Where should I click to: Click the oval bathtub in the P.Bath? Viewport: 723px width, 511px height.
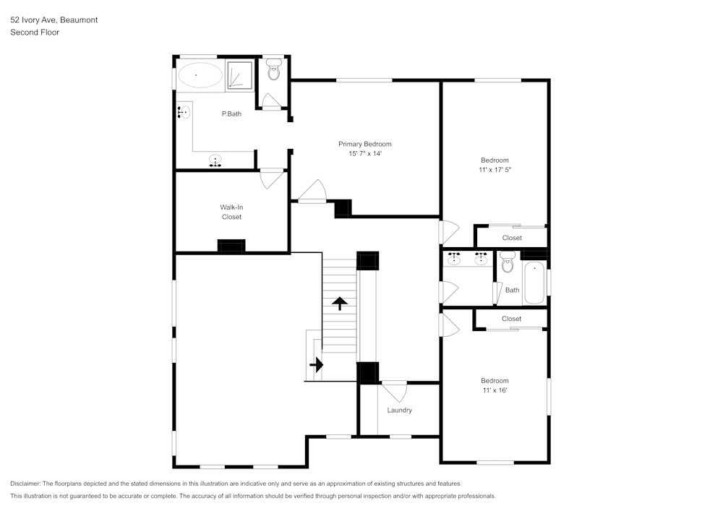(200, 75)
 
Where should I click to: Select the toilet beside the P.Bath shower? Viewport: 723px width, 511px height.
(273, 71)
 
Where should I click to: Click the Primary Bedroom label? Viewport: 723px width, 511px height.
(364, 144)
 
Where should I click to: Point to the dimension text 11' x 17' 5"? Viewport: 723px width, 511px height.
(495, 170)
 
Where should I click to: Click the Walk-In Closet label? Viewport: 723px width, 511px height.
(231, 212)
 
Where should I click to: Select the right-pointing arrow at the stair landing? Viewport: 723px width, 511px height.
(317, 365)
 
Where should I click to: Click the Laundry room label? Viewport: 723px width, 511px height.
(399, 411)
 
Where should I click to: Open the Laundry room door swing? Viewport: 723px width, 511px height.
(395, 391)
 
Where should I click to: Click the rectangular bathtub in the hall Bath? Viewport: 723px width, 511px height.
(534, 283)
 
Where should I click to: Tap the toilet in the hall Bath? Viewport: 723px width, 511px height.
(507, 262)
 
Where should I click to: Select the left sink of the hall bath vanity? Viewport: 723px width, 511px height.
(455, 259)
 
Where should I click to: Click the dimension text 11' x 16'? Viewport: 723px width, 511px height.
(495, 390)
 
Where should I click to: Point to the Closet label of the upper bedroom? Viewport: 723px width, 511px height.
(512, 238)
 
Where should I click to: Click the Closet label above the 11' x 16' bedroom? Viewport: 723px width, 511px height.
(511, 319)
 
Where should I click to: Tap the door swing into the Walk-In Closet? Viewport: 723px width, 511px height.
(272, 179)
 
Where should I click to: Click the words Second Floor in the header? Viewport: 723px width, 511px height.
(35, 33)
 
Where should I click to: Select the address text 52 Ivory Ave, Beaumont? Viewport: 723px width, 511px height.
(54, 20)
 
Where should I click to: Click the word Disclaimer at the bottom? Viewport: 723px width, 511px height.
(26, 484)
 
